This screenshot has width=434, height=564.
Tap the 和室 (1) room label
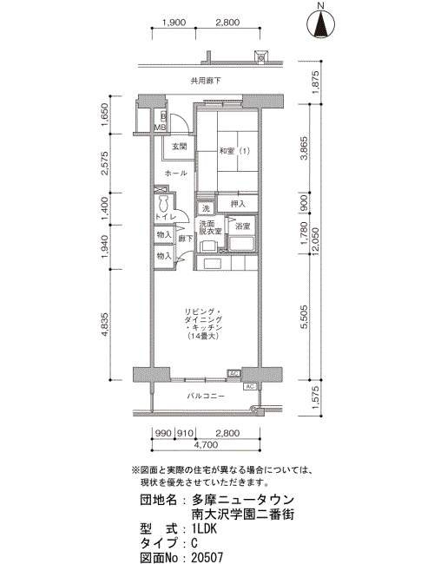tap(234, 152)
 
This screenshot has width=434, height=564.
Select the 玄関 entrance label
tap(179, 147)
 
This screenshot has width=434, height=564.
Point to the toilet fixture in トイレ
tap(164, 204)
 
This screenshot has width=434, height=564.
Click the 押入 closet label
tap(238, 204)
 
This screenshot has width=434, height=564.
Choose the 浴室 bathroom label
tap(242, 226)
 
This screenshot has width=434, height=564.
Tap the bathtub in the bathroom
tap(242, 244)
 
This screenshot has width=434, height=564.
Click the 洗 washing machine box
tap(206, 208)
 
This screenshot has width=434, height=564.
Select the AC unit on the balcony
tap(250, 386)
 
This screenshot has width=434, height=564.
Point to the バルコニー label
tap(206, 396)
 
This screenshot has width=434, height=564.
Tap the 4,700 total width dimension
tap(206, 445)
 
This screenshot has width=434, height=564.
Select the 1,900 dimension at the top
tap(174, 23)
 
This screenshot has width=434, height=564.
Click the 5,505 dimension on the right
tap(305, 317)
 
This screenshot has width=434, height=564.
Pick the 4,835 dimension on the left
tap(105, 325)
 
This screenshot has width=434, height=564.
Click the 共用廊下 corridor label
tap(206, 81)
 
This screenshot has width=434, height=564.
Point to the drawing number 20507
tap(208, 557)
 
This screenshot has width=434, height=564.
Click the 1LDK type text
tap(205, 528)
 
